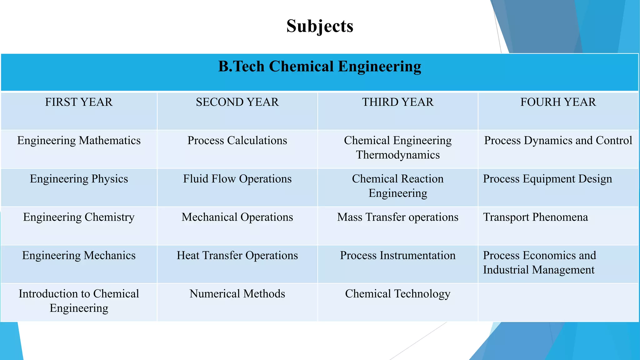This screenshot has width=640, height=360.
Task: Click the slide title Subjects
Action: [x=320, y=26]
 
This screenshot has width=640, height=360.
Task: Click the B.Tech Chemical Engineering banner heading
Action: [x=320, y=67]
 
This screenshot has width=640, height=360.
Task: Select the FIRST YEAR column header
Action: [x=79, y=102]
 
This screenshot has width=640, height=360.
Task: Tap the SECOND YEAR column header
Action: [x=237, y=102]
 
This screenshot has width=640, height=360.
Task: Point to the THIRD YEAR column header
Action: [x=397, y=102]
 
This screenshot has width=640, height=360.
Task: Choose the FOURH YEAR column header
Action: [x=558, y=102]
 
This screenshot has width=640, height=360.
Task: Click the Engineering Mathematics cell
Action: [x=79, y=141]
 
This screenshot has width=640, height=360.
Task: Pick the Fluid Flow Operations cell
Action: [x=237, y=179]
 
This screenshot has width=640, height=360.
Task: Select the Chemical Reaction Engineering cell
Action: [x=397, y=186]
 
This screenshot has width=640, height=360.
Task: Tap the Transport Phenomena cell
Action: [x=535, y=217]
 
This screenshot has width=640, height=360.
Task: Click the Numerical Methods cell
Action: [x=237, y=294]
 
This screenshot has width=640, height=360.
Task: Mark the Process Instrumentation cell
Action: [x=397, y=256]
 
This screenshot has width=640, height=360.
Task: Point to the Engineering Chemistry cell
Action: [x=79, y=217]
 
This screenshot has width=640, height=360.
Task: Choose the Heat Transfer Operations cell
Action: [x=237, y=256]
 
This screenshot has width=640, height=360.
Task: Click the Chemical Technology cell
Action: [x=397, y=294]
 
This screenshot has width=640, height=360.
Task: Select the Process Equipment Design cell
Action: [x=547, y=179]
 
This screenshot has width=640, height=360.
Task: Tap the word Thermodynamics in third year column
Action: [x=397, y=155]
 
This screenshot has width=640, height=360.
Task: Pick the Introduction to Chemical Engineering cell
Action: [x=79, y=301]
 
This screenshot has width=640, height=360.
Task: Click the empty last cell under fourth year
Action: [x=558, y=302]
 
